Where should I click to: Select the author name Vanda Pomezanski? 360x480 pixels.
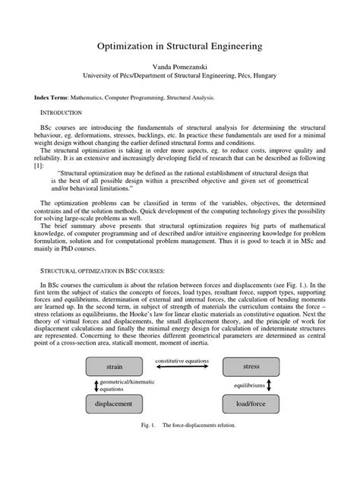point(180,67)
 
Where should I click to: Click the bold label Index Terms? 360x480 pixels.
point(51,98)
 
